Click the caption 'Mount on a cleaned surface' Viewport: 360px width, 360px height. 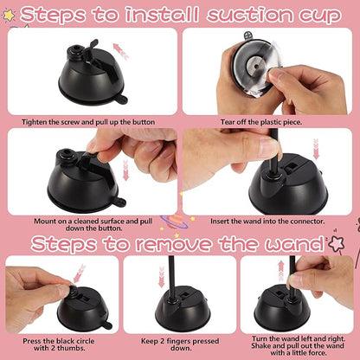pyautogui.click(x=91, y=224)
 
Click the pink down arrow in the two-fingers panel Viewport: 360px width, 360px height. pyautogui.click(x=160, y=280)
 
